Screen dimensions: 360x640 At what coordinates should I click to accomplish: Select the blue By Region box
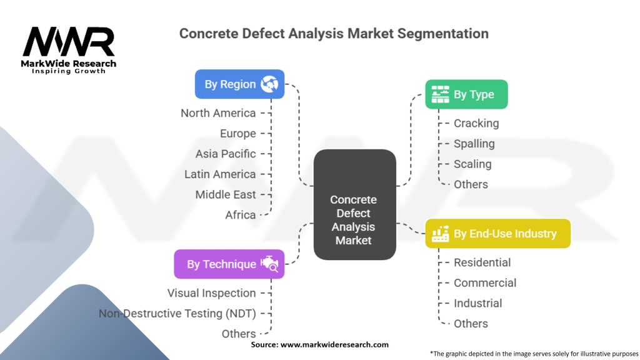pos(239,84)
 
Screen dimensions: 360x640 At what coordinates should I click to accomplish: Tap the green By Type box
pos(466,94)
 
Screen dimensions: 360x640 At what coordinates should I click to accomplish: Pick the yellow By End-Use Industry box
pos(497,233)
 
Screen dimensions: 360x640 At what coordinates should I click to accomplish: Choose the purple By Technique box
pos(229,264)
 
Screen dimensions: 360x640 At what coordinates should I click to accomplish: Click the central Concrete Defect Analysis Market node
pos(354,219)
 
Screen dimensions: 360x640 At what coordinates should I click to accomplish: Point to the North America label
pos(218,113)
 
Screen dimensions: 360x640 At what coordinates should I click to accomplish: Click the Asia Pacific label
pos(226,154)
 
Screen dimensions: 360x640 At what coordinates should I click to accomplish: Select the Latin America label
pos(220,174)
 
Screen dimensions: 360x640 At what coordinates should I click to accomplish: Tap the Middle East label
pos(226,194)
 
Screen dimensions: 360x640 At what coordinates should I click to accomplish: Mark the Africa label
pos(241,215)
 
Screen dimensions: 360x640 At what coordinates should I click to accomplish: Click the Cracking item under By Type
pos(476,123)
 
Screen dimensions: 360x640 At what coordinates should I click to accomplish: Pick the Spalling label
pos(474,144)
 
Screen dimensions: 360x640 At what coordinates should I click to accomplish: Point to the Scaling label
pos(472,164)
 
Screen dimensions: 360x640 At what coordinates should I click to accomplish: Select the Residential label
pos(482,262)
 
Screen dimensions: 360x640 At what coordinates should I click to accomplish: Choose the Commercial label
pos(485,282)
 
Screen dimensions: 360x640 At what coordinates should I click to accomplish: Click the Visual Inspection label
pos(211,293)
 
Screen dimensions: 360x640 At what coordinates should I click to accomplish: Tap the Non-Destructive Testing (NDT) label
pos(177,313)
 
